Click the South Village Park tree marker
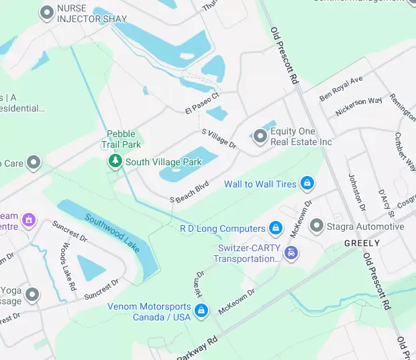[x=115, y=161]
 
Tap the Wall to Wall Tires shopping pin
[x=307, y=183]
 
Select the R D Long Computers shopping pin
[x=274, y=228]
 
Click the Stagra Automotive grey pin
[x=317, y=226]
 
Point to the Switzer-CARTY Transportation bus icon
[x=291, y=253]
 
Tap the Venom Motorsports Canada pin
[x=201, y=311]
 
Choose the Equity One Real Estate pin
[x=260, y=136]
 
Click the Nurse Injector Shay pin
[x=46, y=13]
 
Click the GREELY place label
[x=362, y=243]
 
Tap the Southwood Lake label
[x=113, y=233]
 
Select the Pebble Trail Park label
[x=121, y=139]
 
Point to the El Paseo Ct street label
[x=203, y=102]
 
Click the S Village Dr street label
[x=219, y=138]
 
